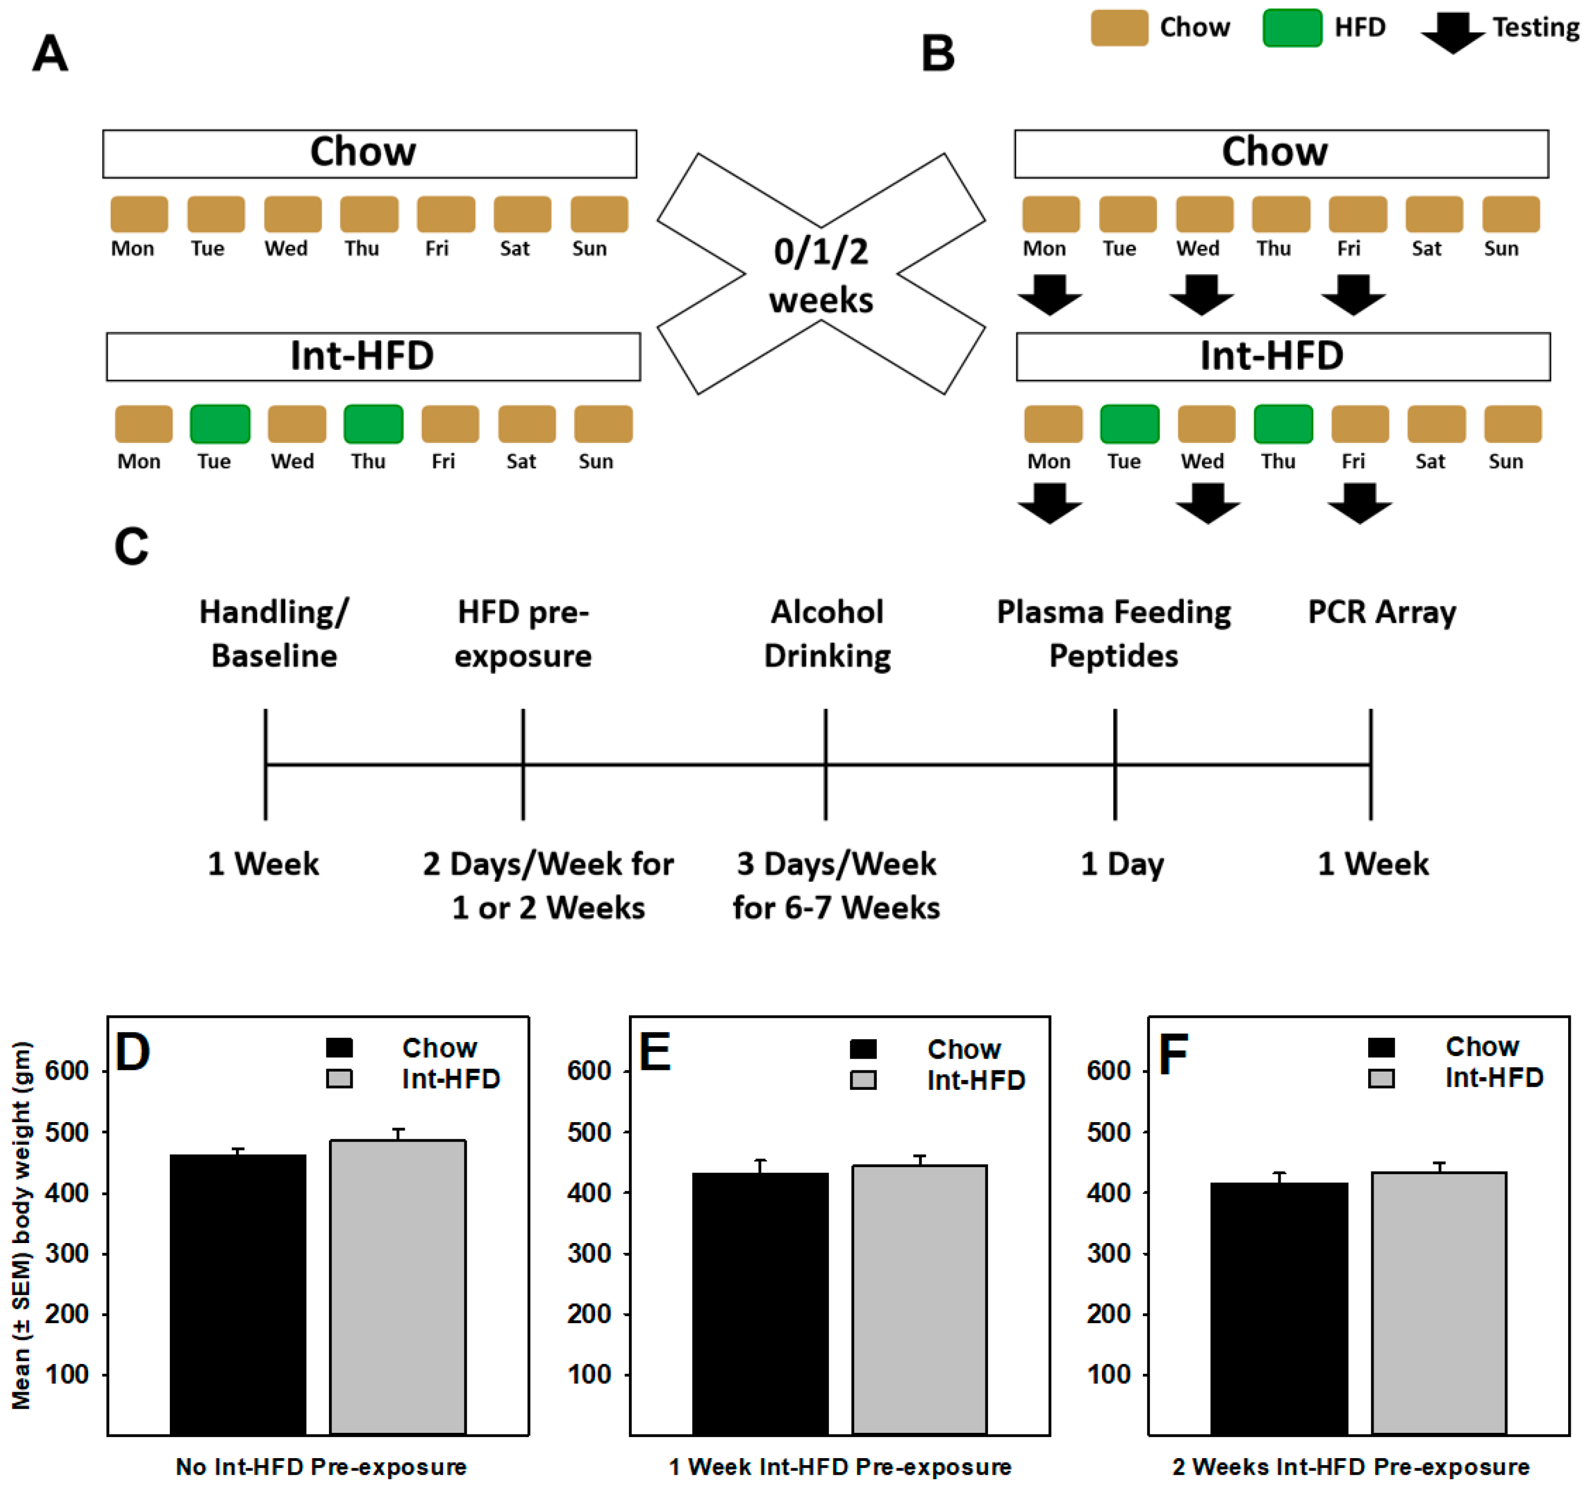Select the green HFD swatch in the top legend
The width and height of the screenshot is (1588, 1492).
point(1292,28)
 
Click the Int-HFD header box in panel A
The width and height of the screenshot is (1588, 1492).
point(373,356)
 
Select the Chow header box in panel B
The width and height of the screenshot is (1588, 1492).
point(1281,153)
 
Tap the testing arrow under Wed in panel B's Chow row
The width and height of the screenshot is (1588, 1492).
point(1201,294)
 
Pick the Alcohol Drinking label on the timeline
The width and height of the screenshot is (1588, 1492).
point(827,633)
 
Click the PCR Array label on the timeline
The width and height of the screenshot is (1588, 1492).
point(1381,612)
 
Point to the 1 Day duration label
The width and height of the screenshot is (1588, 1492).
point(1121,864)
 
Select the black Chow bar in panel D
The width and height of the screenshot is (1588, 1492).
point(238,1294)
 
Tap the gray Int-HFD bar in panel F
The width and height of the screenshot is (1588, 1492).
point(1439,1303)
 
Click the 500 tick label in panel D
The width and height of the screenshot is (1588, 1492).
point(66,1132)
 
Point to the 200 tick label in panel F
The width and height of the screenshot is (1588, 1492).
point(1108,1314)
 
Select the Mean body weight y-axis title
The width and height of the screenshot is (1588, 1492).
point(22,1226)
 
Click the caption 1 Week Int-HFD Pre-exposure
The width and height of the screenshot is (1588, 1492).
point(840,1466)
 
